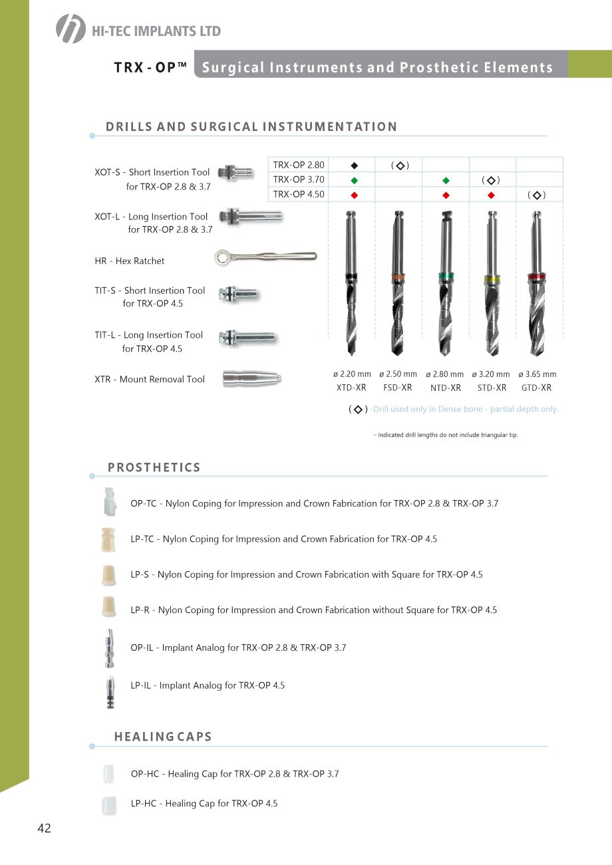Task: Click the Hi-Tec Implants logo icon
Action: pyautogui.click(x=71, y=29)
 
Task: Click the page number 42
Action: pyautogui.click(x=44, y=828)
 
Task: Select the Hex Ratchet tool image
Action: pyautogui.click(x=265, y=257)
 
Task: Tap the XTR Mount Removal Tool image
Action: pyautogui.click(x=251, y=378)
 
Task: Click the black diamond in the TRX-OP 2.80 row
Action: pyautogui.click(x=354, y=165)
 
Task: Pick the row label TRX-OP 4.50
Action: pyautogui.click(x=299, y=194)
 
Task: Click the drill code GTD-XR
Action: pyautogui.click(x=536, y=388)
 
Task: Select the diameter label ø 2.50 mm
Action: pyautogui.click(x=398, y=374)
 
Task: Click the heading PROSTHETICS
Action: pyautogui.click(x=154, y=467)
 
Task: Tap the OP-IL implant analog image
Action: pyautogui.click(x=109, y=647)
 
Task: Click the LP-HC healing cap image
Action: pyautogui.click(x=108, y=804)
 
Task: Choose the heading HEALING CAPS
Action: pyautogui.click(x=163, y=737)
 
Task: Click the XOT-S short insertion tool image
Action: pyautogui.click(x=236, y=172)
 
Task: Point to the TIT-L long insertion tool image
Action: pyautogui.click(x=245, y=337)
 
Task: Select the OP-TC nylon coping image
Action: pyautogui.click(x=110, y=502)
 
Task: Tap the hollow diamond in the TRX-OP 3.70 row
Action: pyautogui.click(x=491, y=180)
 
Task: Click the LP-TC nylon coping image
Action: pyautogui.click(x=109, y=539)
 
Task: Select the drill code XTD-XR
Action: pyautogui.click(x=351, y=388)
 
